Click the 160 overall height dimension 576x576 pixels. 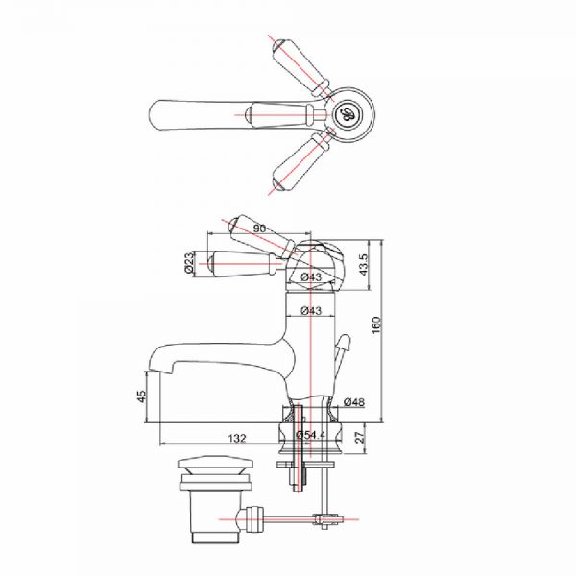377,324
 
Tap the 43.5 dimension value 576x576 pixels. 363,265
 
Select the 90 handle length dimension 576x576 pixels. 259,228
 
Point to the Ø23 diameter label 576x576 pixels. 189,263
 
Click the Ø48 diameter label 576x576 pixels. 354,402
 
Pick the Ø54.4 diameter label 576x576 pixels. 311,435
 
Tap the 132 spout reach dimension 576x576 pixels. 237,439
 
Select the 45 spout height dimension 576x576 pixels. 141,396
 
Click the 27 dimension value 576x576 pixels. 360,437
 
